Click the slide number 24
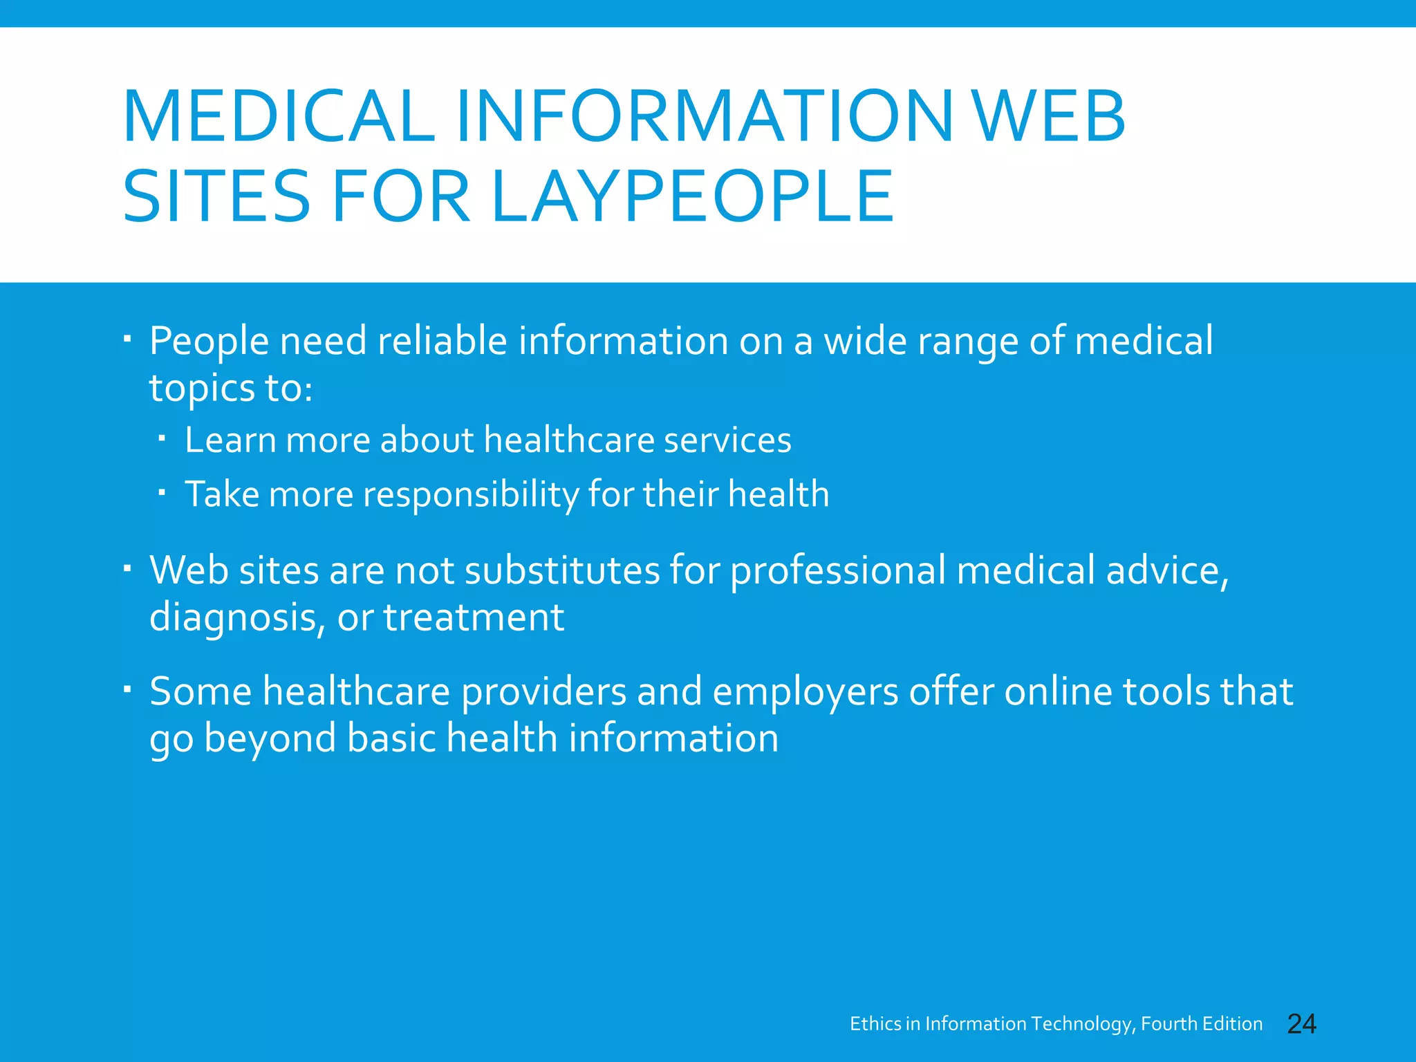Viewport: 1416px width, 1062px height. coord(1301,1024)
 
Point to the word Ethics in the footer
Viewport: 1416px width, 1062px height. coord(875,1024)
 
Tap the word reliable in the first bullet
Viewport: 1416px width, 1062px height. coord(442,341)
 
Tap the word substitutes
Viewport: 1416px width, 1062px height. coord(561,570)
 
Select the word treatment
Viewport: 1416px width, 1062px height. coord(474,617)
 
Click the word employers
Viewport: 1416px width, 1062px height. coord(805,692)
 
